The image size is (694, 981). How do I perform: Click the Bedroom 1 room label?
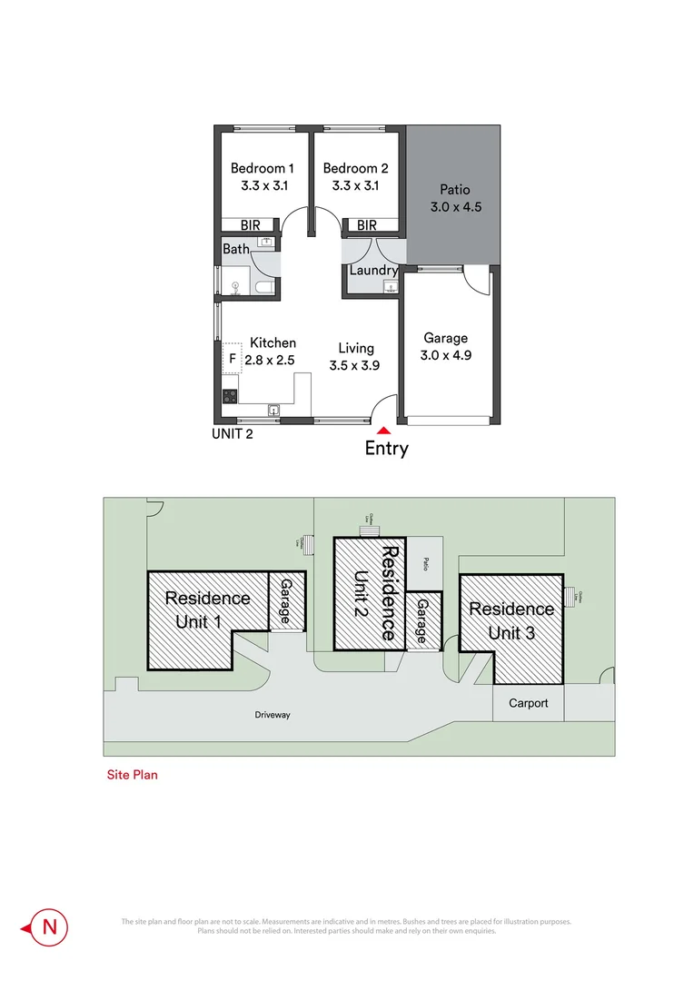(x=262, y=168)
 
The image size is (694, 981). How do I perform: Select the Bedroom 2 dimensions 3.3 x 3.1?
(x=355, y=186)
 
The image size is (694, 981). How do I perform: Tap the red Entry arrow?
(x=385, y=431)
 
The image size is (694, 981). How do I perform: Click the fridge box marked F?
(x=232, y=359)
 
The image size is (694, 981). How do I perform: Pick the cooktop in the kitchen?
(x=230, y=395)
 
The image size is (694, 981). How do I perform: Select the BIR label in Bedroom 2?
(x=366, y=225)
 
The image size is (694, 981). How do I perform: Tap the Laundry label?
(x=374, y=271)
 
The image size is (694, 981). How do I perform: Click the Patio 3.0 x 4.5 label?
(x=455, y=199)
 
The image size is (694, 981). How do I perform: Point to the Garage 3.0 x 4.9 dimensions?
(x=445, y=355)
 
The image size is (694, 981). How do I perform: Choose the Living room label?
(x=356, y=348)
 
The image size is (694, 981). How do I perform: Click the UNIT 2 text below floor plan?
(x=232, y=433)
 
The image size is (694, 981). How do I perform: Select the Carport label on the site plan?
(x=528, y=703)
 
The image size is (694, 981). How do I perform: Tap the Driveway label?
(x=272, y=715)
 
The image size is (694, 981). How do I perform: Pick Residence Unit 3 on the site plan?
(x=511, y=620)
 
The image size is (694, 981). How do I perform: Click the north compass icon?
(x=50, y=926)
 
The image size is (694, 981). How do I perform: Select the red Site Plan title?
(x=133, y=775)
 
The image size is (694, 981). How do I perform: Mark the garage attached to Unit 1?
(x=285, y=602)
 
